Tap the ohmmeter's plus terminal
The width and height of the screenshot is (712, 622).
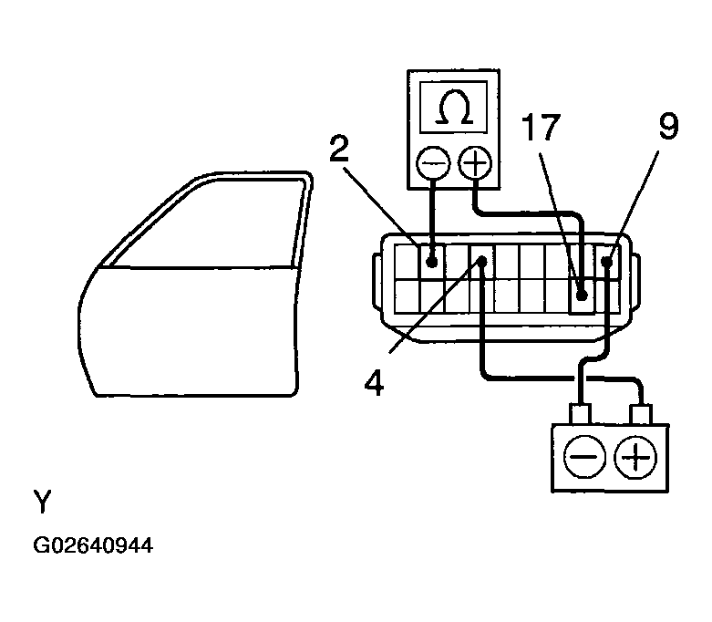pyautogui.click(x=475, y=165)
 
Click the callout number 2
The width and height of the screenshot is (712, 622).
pyautogui.click(x=340, y=150)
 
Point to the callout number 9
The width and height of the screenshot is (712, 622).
pyautogui.click(x=668, y=127)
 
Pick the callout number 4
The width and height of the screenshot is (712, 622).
pyautogui.click(x=374, y=377)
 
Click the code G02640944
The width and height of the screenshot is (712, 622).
pyautogui.click(x=93, y=546)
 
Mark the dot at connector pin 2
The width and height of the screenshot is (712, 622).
pyautogui.click(x=432, y=262)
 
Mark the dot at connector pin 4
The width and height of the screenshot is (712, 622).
pyautogui.click(x=482, y=262)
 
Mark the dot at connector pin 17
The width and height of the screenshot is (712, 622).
pyautogui.click(x=582, y=296)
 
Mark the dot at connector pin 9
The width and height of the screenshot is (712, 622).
pyautogui.click(x=606, y=262)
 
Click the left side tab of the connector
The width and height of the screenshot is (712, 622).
pyautogui.click(x=376, y=283)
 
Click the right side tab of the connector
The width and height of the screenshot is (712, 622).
pyautogui.click(x=634, y=283)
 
